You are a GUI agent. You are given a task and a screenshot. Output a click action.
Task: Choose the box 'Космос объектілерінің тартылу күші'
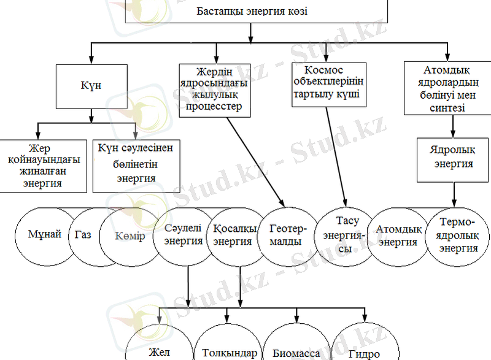tap(329, 85)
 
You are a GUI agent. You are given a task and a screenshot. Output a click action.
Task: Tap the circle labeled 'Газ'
tap(83, 236)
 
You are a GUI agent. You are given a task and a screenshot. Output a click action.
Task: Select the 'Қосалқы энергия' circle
tap(232, 234)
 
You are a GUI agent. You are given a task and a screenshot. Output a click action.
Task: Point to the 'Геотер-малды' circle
tap(285, 236)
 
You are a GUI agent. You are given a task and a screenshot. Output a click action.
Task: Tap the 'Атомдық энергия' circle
tap(398, 236)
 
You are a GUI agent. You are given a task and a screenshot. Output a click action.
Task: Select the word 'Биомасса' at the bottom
tap(296, 353)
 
